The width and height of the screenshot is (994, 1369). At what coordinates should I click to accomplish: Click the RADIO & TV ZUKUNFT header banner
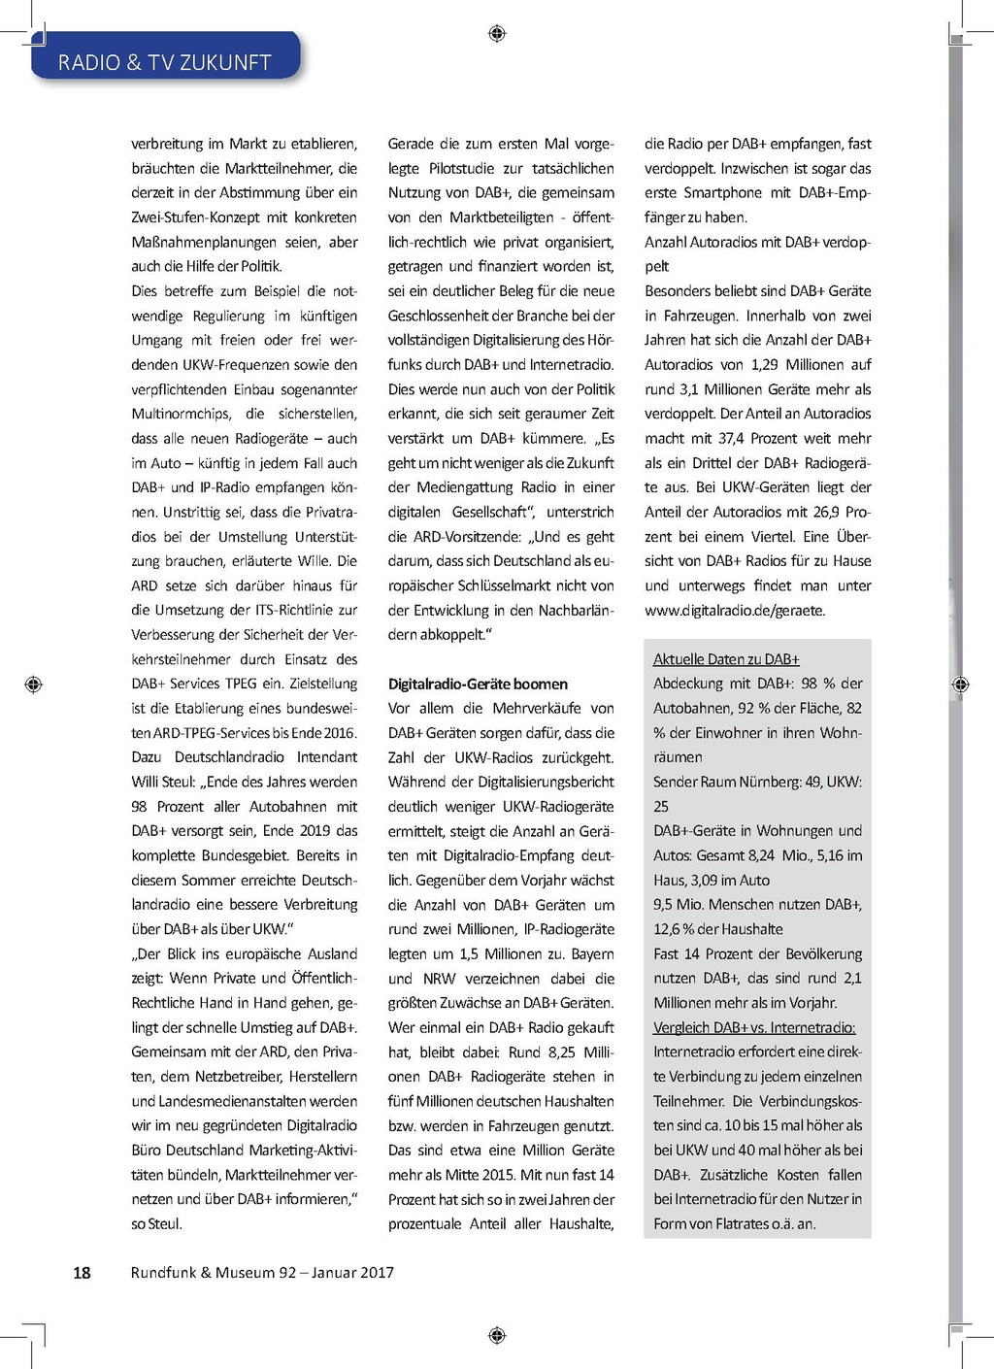click(165, 62)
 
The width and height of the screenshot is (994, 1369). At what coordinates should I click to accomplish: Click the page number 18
click(83, 1273)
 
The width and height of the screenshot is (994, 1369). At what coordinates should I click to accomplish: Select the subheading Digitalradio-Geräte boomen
click(478, 684)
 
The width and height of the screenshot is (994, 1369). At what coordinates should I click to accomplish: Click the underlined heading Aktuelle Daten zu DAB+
click(726, 659)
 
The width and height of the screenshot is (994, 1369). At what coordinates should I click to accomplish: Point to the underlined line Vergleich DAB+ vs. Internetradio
click(754, 1027)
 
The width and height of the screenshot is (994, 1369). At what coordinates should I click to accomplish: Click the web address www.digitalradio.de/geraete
click(734, 611)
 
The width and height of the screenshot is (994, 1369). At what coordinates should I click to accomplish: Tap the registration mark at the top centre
click(497, 34)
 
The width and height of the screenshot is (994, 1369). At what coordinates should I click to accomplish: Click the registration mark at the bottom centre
click(497, 1335)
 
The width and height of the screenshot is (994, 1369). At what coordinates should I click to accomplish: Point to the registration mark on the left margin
click(34, 684)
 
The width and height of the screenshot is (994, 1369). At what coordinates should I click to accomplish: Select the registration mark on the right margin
click(961, 684)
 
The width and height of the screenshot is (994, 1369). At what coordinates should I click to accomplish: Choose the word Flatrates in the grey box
click(745, 1223)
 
